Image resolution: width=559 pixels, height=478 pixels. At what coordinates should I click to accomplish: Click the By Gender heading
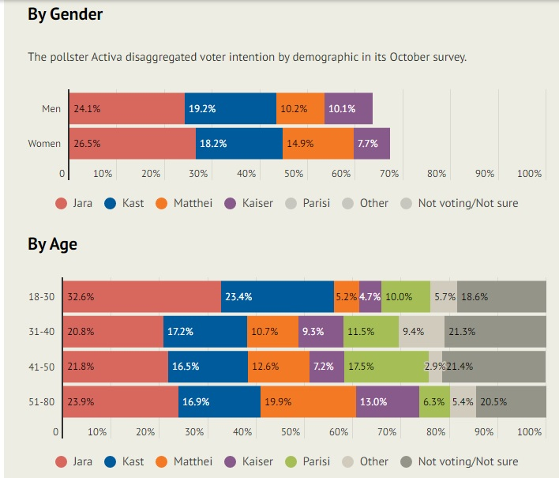pos(66,14)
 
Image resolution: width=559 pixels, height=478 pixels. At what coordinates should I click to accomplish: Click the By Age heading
pos(53,244)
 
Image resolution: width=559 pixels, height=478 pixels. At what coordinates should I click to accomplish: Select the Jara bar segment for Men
pos(127,109)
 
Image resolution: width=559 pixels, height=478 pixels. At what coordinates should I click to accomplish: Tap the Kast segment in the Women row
pos(238,144)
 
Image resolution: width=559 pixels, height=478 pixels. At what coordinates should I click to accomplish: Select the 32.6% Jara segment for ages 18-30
pos(142,297)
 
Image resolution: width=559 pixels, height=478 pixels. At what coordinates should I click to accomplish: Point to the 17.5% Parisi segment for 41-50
pos(386,367)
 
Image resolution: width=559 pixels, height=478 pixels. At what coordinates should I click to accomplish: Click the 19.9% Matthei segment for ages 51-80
pos(308,401)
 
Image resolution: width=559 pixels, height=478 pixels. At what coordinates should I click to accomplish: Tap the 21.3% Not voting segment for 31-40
pos(495,332)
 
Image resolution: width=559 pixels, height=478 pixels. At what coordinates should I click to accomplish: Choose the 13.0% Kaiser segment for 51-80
pos(387,401)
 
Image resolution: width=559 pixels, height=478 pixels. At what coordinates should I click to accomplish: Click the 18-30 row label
pos(42,297)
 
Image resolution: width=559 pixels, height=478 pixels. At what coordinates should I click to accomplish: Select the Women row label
pos(44,144)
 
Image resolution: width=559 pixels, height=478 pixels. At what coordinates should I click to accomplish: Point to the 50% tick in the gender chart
pos(294,174)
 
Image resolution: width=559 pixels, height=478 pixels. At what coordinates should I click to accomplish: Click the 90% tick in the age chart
pos(483,432)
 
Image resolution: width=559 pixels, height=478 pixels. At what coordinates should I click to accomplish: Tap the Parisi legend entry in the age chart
pos(310,461)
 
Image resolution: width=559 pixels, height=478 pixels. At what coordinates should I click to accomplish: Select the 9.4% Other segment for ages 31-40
pos(422,332)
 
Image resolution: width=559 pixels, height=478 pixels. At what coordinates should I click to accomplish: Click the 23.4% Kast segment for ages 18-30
pos(277,297)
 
